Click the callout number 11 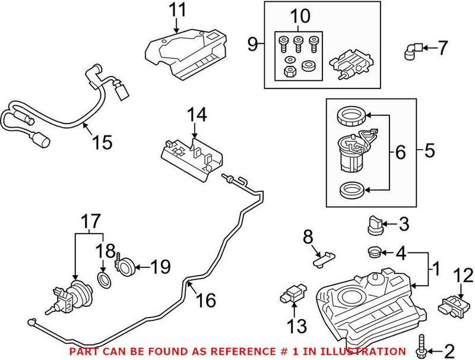click(x=176, y=10)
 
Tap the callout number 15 click(x=102, y=142)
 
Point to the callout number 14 click(x=198, y=115)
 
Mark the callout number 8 click(x=307, y=238)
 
